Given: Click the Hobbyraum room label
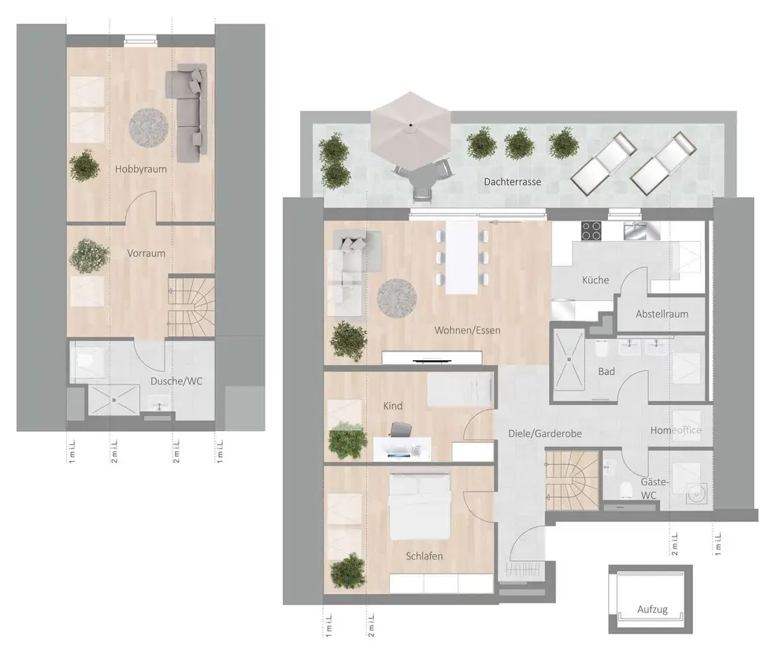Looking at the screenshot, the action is (x=141, y=169).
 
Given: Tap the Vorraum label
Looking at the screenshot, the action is (x=146, y=253).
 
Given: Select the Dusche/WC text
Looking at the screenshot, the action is (x=176, y=381).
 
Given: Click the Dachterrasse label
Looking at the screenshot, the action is (x=513, y=182).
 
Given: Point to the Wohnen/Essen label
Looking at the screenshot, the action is (x=468, y=330).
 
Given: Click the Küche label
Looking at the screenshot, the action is (x=595, y=280).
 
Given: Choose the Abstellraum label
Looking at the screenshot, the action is (x=662, y=314).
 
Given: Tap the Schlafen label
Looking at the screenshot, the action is (x=424, y=556).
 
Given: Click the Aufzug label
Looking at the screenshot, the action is (x=652, y=610).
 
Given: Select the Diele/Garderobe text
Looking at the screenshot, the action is (x=545, y=433).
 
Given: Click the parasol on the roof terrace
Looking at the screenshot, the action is (x=411, y=128).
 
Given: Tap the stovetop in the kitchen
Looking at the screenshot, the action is (x=591, y=230).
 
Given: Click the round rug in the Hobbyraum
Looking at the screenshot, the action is (x=148, y=128).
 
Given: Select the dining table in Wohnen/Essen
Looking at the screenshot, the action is (x=462, y=257).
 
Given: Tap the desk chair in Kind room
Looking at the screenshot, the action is (x=402, y=429).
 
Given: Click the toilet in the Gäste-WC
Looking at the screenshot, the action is (x=626, y=489).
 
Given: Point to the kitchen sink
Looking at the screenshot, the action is (x=641, y=230).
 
